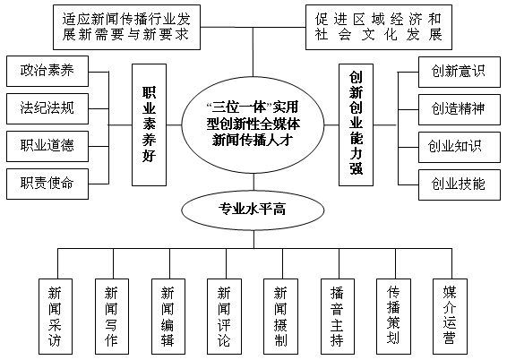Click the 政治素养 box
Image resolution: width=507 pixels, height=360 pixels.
(47, 71)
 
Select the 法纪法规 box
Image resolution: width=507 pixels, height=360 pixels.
(47, 109)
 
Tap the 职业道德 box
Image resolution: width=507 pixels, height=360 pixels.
(47, 146)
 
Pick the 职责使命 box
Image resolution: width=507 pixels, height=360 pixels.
(47, 184)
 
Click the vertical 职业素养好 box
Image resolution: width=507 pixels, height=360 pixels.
(149, 124)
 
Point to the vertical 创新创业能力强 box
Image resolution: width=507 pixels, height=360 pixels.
(356, 124)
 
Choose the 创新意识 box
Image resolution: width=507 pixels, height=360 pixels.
(460, 72)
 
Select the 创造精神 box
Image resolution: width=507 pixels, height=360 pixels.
(460, 109)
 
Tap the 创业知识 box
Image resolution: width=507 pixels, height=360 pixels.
(460, 147)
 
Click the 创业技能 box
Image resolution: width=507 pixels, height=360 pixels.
(460, 184)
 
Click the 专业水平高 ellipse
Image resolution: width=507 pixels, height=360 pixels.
(253, 210)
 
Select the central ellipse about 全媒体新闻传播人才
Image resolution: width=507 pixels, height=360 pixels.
(253, 124)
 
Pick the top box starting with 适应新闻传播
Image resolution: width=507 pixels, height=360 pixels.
(127, 27)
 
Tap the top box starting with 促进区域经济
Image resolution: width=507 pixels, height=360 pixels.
(379, 27)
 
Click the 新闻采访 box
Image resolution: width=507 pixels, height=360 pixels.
(56, 317)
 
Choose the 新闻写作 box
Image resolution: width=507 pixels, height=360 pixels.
(112, 317)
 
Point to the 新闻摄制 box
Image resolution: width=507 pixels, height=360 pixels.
(280, 317)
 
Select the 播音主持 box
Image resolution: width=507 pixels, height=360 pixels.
(338, 317)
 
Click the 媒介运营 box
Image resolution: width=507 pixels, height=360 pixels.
(450, 317)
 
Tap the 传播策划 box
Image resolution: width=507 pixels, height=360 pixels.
(393, 317)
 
